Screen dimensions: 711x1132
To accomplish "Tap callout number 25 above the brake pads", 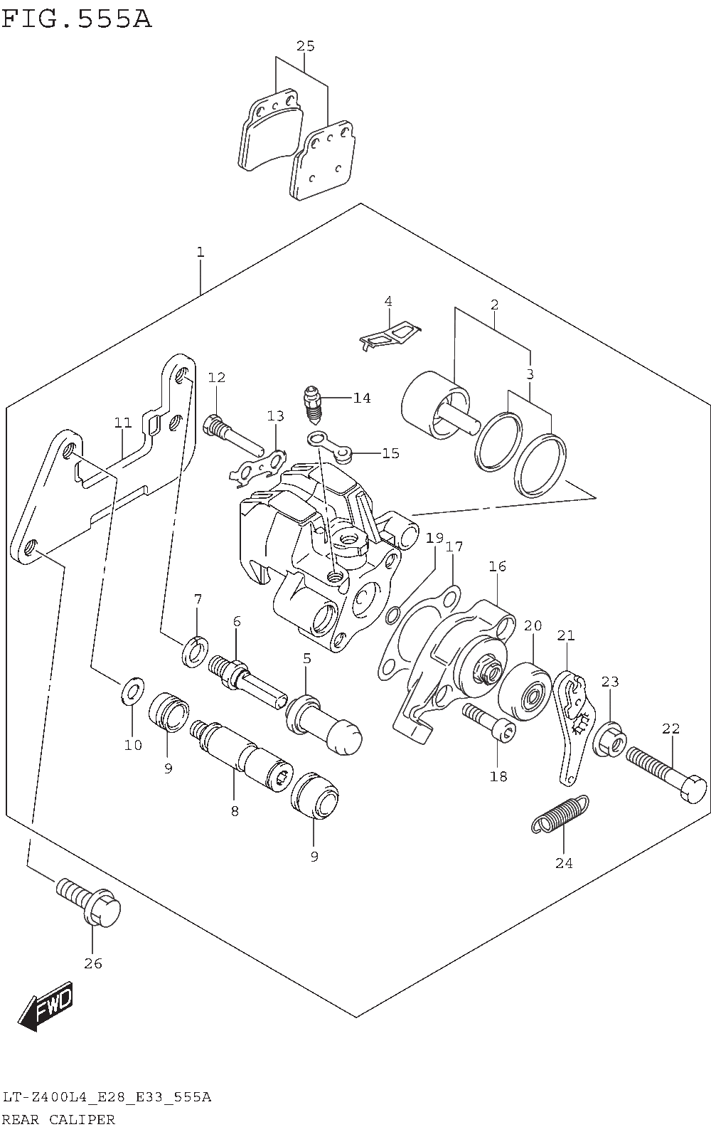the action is [305, 46].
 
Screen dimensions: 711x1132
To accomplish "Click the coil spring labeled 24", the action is [560, 814].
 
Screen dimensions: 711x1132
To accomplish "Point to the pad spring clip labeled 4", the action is [390, 334].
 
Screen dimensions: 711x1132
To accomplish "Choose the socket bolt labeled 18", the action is [489, 723].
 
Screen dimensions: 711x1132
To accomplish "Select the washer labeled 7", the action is [195, 652].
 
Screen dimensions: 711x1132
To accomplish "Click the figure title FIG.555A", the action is [76, 18].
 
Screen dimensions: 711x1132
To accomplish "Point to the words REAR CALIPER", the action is [58, 1119].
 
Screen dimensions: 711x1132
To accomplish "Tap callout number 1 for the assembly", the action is [201, 252].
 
